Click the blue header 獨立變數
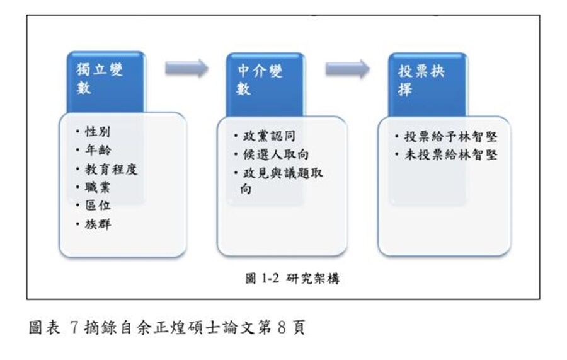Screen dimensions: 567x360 [106, 82]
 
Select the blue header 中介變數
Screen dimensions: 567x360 [265, 84]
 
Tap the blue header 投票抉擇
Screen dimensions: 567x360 [427, 84]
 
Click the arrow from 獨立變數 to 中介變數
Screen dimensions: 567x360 [186, 68]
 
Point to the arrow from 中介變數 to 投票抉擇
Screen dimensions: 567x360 [348, 69]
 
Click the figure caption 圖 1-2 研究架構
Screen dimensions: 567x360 [292, 278]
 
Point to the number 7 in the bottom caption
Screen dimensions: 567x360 [74, 327]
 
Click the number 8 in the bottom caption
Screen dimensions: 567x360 [282, 327]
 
